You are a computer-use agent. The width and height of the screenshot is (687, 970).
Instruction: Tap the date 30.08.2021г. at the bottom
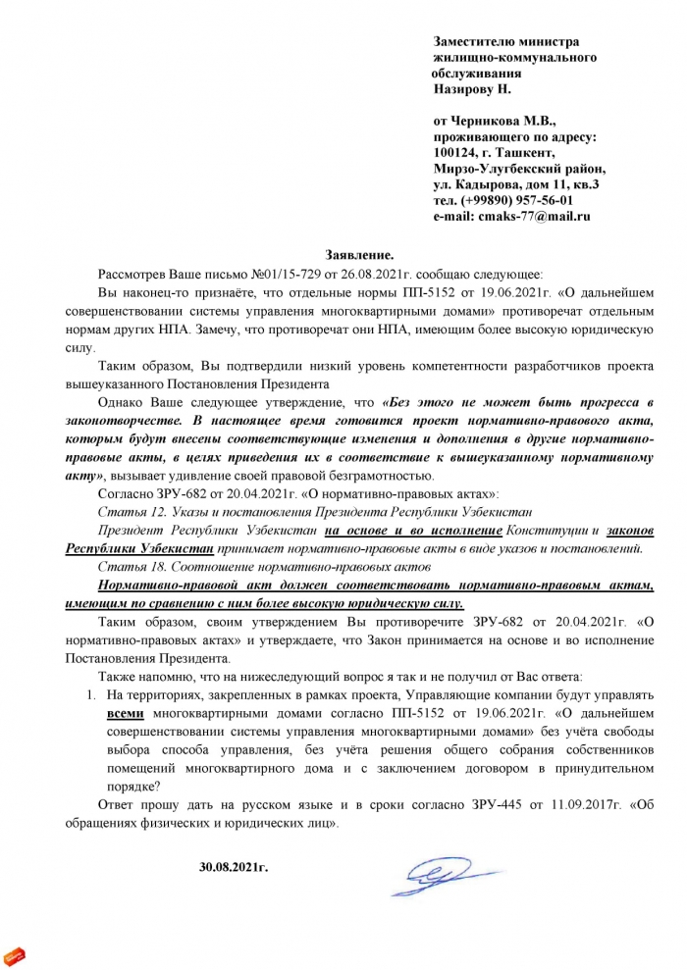click(233, 867)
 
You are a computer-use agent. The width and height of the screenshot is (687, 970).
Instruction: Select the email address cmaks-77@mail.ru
click(534, 216)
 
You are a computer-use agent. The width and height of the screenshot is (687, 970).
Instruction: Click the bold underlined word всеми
click(125, 716)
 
